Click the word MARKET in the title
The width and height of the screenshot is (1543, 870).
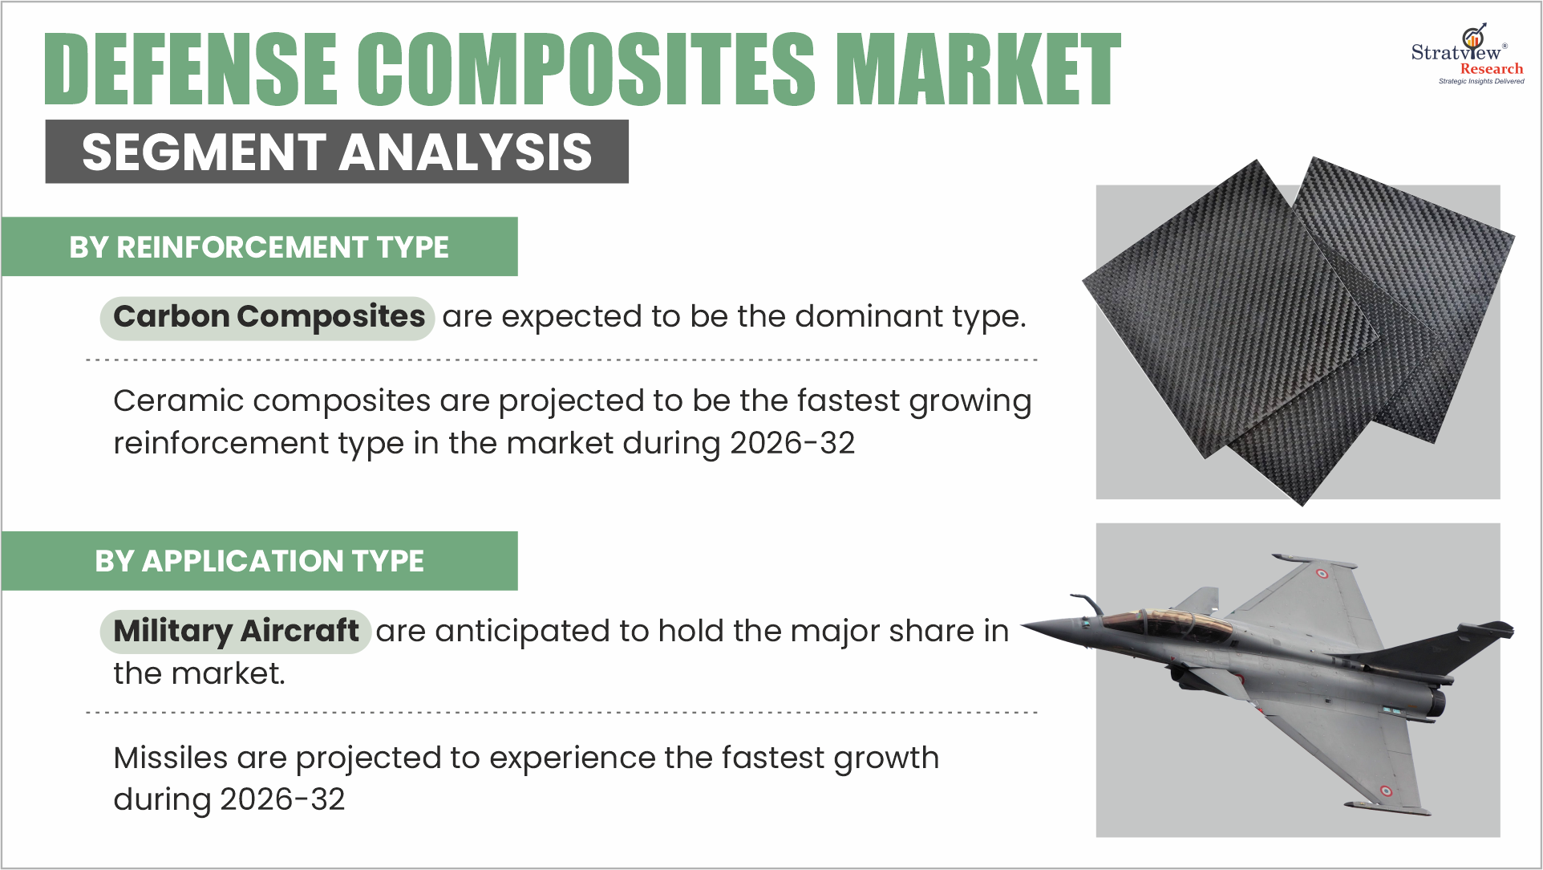978,69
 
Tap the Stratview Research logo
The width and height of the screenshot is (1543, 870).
1467,54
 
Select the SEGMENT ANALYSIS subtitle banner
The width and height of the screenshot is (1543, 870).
337,152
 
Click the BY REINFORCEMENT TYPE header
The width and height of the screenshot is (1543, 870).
259,247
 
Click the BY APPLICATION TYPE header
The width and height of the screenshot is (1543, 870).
259,561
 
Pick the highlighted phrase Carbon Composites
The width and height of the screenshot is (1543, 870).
268,318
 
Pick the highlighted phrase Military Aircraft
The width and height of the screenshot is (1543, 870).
236,632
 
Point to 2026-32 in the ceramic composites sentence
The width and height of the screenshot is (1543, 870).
792,443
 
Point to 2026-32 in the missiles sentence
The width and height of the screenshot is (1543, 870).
282,799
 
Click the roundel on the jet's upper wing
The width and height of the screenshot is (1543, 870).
1322,574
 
